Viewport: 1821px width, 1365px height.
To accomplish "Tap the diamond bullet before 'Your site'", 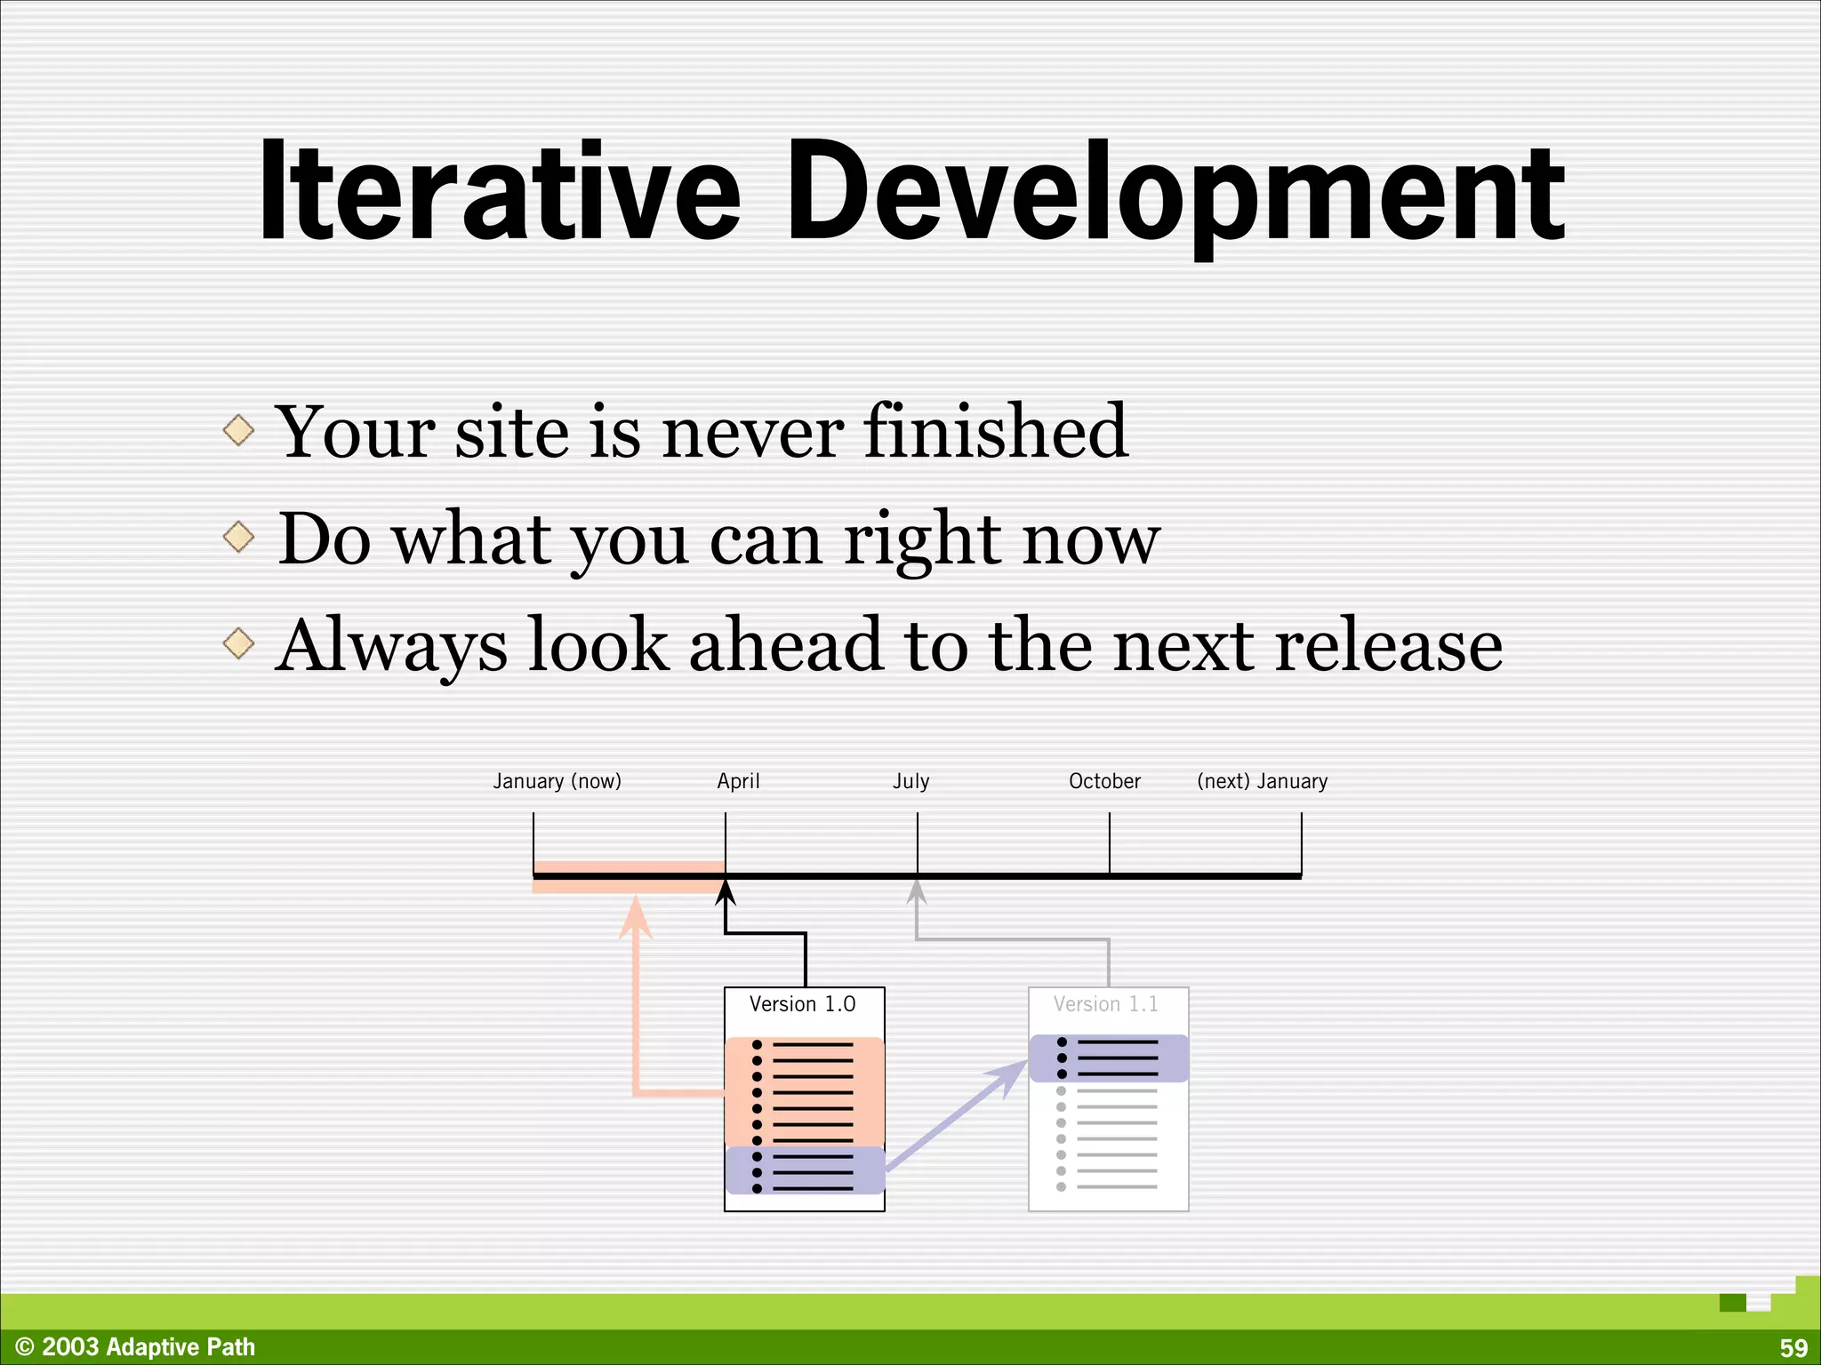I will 238,431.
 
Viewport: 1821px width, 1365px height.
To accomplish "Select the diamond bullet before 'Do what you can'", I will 238,537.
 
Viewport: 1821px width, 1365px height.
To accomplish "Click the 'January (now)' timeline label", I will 558,781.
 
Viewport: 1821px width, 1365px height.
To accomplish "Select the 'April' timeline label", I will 738,781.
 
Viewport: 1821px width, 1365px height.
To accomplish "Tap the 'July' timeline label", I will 910,781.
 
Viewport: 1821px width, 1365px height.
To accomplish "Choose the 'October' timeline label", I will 1104,781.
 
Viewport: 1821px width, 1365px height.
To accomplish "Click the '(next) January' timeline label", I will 1262,781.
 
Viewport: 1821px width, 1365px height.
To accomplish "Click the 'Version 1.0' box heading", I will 802,1004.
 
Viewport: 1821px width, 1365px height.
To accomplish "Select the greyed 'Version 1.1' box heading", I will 1106,1004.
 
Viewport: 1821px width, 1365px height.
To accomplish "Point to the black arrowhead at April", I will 726,892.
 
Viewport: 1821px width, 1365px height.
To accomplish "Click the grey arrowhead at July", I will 917,892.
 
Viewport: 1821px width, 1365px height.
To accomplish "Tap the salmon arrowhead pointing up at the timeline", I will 635,917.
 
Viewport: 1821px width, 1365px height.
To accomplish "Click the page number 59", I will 1793,1348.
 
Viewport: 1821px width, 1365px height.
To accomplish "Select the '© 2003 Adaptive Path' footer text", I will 135,1347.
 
